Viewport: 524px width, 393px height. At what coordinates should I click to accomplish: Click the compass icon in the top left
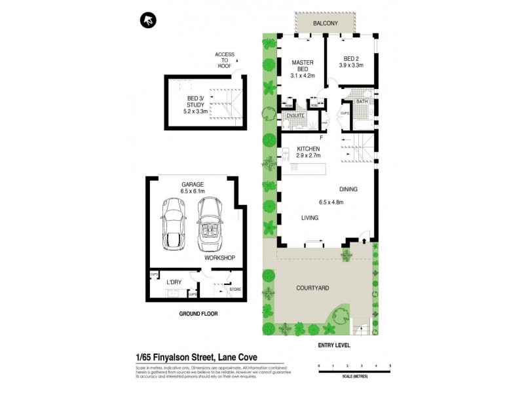click(x=147, y=21)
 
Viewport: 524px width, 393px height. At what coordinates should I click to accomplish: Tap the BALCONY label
click(x=326, y=24)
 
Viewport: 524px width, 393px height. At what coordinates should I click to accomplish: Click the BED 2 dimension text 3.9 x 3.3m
click(x=350, y=65)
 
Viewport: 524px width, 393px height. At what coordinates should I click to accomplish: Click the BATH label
click(x=362, y=103)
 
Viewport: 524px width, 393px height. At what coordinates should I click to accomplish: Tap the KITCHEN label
click(x=308, y=149)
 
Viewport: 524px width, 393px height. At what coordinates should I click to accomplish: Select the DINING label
click(x=348, y=189)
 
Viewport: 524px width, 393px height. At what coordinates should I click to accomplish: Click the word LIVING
click(x=309, y=218)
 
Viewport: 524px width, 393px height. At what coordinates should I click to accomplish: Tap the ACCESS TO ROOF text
click(x=225, y=59)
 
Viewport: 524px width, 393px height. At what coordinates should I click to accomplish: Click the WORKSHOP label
click(x=219, y=258)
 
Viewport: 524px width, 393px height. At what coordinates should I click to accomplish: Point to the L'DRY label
click(x=174, y=282)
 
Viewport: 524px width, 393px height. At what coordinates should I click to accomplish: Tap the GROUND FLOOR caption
click(x=198, y=314)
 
